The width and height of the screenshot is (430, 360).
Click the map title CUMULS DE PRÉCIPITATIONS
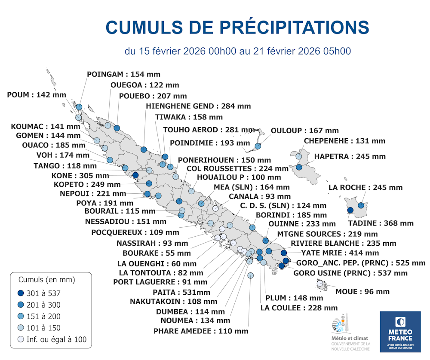(x=237, y=27)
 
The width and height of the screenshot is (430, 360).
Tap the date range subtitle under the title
(x=238, y=51)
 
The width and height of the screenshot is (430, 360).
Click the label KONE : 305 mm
(x=80, y=176)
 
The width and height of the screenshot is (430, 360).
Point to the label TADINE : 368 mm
(x=381, y=223)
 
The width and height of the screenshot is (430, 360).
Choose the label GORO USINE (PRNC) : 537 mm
(x=350, y=273)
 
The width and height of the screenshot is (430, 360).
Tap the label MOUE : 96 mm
(x=362, y=292)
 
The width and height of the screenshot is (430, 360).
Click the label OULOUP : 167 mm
(x=305, y=131)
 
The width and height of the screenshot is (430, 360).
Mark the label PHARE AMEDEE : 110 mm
(x=201, y=331)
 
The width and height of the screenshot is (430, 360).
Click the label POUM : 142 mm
(x=37, y=95)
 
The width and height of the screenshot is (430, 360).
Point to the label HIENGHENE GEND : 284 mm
(x=198, y=106)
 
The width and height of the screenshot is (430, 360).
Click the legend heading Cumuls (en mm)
(x=47, y=280)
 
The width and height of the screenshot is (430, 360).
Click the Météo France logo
(x=400, y=331)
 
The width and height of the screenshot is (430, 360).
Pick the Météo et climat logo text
(x=351, y=339)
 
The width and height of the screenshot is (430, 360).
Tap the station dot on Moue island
(x=320, y=283)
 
